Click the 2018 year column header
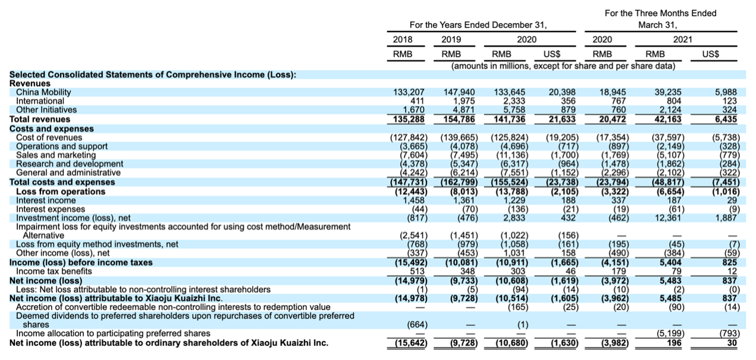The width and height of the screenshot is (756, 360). pos(402,39)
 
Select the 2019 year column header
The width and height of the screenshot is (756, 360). pos(451,39)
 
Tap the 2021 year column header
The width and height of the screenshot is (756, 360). pos(682,39)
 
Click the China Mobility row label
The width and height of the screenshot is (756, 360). pos(43,92)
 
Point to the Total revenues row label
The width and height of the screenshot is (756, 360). pos(40,119)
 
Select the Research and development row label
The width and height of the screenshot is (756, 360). pos(70,164)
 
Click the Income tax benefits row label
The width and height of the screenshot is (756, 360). pos(54,271)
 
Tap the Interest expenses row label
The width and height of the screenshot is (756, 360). pos(51,209)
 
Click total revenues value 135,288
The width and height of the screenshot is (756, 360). pos(409,119)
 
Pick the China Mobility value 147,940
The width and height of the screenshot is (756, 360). pos(459,92)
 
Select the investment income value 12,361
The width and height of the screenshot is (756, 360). pos(668,218)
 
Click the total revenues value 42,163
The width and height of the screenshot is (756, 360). pos(667,119)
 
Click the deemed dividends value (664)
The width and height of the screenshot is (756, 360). pos(417,324)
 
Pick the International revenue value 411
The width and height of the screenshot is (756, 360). pos(417,101)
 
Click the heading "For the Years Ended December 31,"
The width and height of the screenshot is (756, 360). pos(478,25)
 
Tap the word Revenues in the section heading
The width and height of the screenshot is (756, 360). pos(30,83)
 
